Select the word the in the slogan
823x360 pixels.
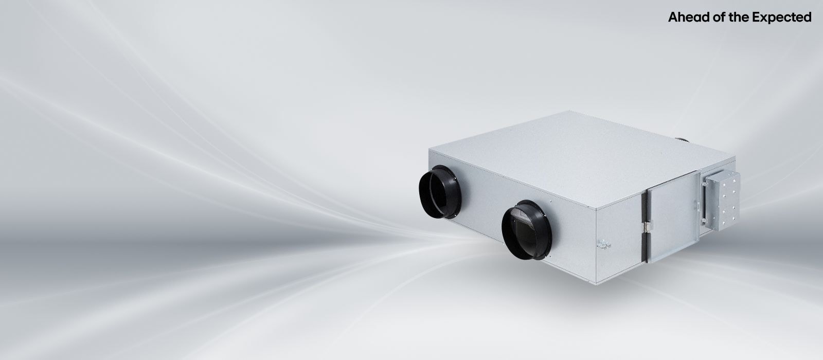pyautogui.click(x=739, y=17)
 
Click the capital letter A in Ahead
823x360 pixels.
pyautogui.click(x=673, y=17)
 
